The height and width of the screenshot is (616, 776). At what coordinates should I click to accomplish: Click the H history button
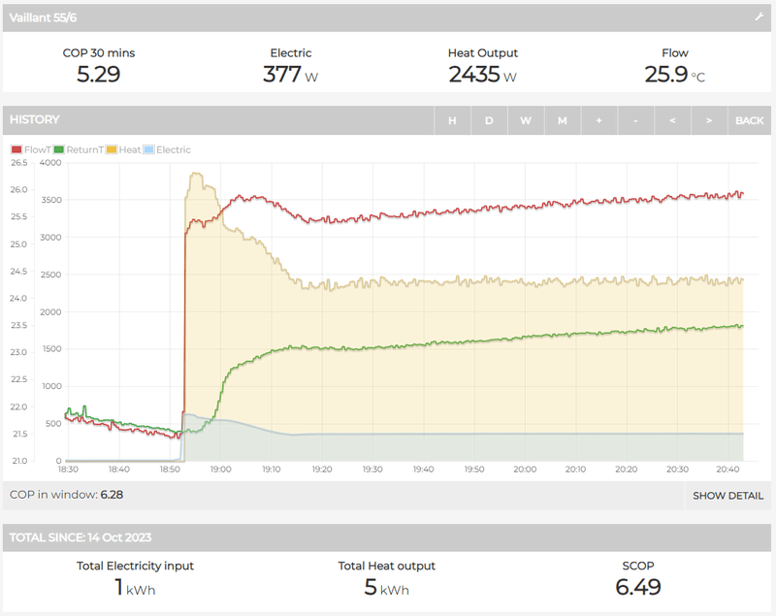(452, 120)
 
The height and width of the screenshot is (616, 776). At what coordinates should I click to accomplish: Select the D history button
(489, 120)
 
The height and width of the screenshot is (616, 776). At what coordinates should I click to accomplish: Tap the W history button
(526, 120)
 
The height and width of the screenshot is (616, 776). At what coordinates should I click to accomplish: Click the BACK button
(749, 120)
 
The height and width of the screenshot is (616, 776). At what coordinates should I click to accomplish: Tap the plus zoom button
(599, 120)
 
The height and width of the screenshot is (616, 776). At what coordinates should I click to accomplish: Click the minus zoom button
(635, 120)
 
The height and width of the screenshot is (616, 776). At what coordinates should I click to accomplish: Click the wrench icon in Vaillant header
(760, 17)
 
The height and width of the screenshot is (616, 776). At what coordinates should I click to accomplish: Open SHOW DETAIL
(727, 496)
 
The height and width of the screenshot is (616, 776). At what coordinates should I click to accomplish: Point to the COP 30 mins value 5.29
(98, 74)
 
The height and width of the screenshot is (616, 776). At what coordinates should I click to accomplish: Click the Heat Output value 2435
(474, 74)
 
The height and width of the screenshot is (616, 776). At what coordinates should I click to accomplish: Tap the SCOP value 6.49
(638, 586)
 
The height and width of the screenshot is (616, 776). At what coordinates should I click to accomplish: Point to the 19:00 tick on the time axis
(220, 470)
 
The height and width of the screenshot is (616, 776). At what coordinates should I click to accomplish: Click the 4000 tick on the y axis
(49, 163)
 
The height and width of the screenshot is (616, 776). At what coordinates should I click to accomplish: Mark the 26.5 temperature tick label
(17, 163)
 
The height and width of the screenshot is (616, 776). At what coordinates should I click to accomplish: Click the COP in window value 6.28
(112, 495)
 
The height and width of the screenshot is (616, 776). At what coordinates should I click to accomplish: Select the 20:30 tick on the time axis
(677, 470)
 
